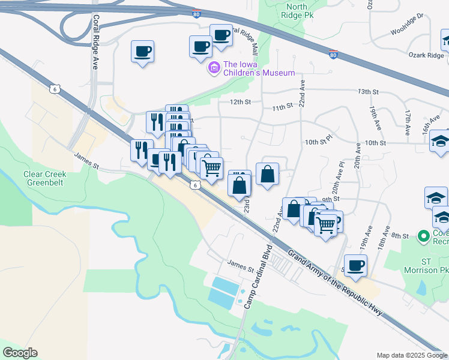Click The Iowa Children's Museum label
pos(259,68)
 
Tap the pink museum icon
pos(213,69)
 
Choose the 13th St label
pos(369,91)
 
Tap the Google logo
pos(20,352)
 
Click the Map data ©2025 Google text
pos(412,355)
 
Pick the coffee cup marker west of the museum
pos(143,52)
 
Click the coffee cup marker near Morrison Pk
pos(356,265)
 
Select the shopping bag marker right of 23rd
pos(268,174)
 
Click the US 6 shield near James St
pos(196,185)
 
